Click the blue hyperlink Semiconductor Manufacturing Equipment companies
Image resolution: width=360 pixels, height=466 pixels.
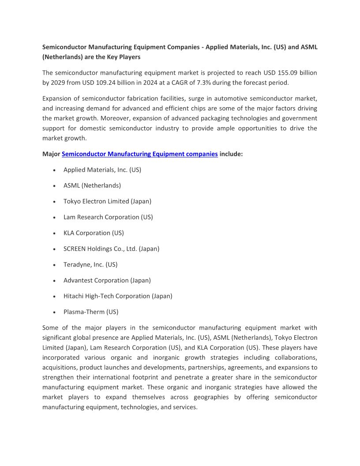tap(139, 154)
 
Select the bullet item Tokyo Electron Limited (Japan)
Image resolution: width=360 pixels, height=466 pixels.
tap(107, 201)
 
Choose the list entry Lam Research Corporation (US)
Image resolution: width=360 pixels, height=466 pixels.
tap(108, 217)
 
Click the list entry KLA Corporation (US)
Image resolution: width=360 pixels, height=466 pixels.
tap(94, 233)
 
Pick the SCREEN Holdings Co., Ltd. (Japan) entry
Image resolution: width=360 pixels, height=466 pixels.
tap(111, 249)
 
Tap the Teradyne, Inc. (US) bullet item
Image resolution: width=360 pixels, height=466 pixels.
tap(90, 265)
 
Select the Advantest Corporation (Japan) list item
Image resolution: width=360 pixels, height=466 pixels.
tap(107, 280)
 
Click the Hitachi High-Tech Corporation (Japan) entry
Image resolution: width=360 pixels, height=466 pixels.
tap(118, 296)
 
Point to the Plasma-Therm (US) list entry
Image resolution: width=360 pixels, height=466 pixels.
tap(91, 312)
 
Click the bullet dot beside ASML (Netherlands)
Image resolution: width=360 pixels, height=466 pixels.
tap(54, 186)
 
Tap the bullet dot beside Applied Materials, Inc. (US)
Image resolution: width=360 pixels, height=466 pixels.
tap(54, 170)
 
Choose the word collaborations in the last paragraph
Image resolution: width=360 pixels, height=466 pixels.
tap(296, 357)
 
